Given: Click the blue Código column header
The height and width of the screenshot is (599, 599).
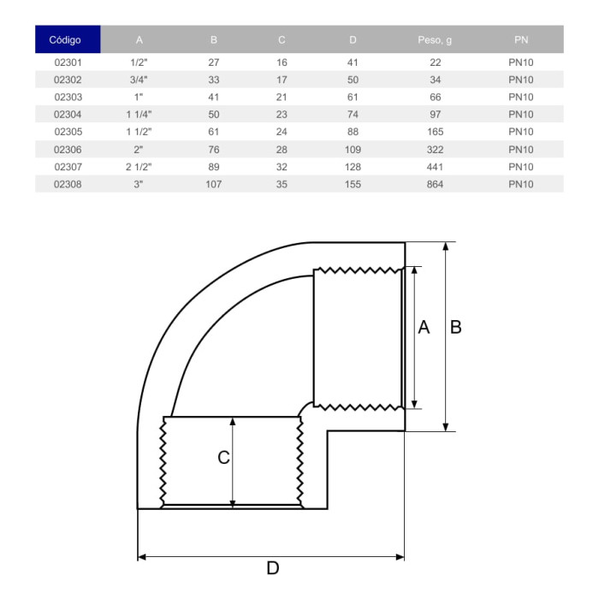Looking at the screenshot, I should [x=67, y=39].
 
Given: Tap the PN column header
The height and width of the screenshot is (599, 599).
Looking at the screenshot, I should [x=521, y=39].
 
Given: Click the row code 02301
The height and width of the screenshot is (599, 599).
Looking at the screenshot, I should [x=67, y=62].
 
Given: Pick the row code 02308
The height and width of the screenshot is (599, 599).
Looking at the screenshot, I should [x=67, y=184].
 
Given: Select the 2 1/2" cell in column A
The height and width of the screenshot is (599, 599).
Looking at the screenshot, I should [x=139, y=167].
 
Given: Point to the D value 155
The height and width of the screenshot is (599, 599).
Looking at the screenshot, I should [x=353, y=184].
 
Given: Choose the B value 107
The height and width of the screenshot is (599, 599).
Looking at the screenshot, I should [x=213, y=184].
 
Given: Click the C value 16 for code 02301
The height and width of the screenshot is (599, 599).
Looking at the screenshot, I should [x=282, y=62].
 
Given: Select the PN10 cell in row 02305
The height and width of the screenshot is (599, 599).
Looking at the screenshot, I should [x=521, y=132].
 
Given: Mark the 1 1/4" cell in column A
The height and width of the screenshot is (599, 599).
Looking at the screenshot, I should [x=139, y=115].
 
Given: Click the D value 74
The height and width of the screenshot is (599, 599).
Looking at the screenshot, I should [x=353, y=115].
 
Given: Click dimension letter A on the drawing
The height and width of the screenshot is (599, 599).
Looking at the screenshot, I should [x=424, y=327].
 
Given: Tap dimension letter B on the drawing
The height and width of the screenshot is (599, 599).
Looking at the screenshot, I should [x=456, y=327].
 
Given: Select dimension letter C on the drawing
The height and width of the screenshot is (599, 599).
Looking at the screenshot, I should [x=223, y=458].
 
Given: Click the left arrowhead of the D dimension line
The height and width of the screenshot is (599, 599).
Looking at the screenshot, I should [x=142, y=557].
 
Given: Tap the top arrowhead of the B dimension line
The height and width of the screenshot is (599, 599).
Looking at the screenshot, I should [x=446, y=246].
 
